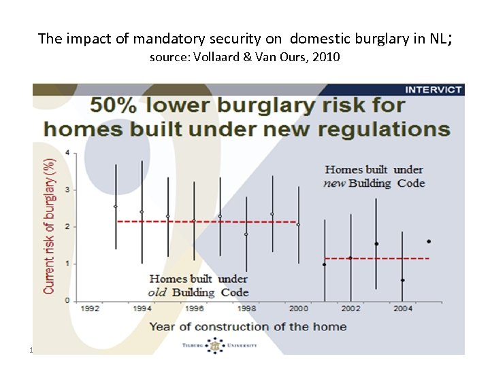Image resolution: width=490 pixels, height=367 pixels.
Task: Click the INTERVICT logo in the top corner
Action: click(434, 90)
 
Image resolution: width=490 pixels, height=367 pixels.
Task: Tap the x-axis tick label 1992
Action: click(91, 309)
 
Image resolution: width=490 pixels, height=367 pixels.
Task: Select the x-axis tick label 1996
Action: click(194, 309)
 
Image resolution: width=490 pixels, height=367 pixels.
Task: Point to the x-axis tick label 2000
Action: click(299, 309)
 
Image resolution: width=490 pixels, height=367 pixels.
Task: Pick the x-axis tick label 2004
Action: click(402, 309)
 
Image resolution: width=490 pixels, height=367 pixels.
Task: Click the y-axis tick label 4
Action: click(66, 152)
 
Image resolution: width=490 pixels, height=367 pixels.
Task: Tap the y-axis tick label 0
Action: click(66, 300)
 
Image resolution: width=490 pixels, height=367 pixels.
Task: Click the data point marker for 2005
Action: click(428, 241)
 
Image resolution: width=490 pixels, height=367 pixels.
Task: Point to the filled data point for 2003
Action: click(376, 243)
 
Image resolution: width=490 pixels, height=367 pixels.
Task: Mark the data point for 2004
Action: click(402, 280)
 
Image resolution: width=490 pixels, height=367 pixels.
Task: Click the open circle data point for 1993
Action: click(116, 207)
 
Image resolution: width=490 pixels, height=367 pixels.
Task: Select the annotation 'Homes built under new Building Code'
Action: click(374, 176)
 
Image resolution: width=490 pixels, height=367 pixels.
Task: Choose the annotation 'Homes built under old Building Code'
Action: click(199, 285)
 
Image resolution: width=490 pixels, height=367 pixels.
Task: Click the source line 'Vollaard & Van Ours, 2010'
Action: click(244, 58)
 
